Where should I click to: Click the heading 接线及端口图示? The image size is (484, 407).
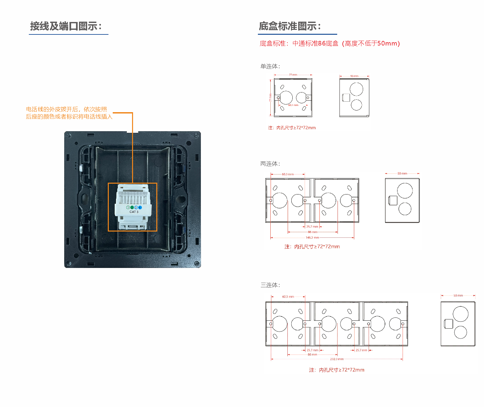pos(66,26)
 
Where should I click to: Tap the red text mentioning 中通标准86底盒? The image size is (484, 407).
pos(330,44)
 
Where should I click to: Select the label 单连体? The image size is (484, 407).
pos(270,67)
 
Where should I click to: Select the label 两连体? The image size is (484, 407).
pos(270,164)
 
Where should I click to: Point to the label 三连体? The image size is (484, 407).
pos(270,285)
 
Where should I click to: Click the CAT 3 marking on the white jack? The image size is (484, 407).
pos(134,212)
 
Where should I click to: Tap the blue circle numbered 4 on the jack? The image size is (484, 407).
pos(140,208)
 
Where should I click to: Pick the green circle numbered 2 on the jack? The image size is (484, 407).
pos(132,208)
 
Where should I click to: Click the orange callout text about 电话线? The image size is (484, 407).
pos(69,113)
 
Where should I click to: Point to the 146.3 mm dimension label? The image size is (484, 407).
pos(312,237)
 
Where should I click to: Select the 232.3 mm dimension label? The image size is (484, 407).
pos(337,359)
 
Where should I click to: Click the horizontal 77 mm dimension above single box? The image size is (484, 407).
pos(293,75)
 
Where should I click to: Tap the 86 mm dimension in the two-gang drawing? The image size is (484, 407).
pos(312,232)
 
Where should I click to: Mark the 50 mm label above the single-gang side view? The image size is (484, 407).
pos(354,76)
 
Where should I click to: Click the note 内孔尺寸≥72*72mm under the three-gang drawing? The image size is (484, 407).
pos(337,370)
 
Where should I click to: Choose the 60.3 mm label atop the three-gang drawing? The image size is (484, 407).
pos(288,297)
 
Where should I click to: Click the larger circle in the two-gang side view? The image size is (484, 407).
pos(405,191)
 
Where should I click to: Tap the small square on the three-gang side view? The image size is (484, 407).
pos(448,324)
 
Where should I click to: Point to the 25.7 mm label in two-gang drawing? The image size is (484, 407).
pos(312,227)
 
